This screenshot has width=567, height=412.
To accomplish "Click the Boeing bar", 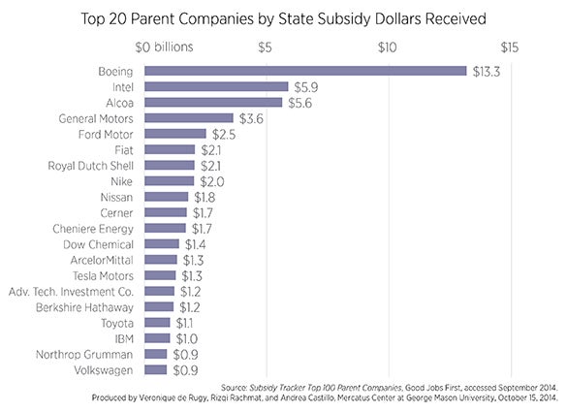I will coord(304,71).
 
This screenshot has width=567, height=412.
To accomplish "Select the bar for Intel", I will coord(216,86).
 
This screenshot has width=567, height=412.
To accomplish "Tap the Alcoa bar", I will coord(212,102).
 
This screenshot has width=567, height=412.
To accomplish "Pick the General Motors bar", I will coord(188,117).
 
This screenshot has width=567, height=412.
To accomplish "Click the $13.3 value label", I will coord(484,71).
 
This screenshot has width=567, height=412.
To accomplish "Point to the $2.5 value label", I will coord(224,134).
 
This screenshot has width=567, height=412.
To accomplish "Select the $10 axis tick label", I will coord(388,47).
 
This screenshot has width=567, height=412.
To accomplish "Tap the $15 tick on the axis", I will coord(511,47).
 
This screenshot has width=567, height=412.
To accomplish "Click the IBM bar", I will coord(156,338).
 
